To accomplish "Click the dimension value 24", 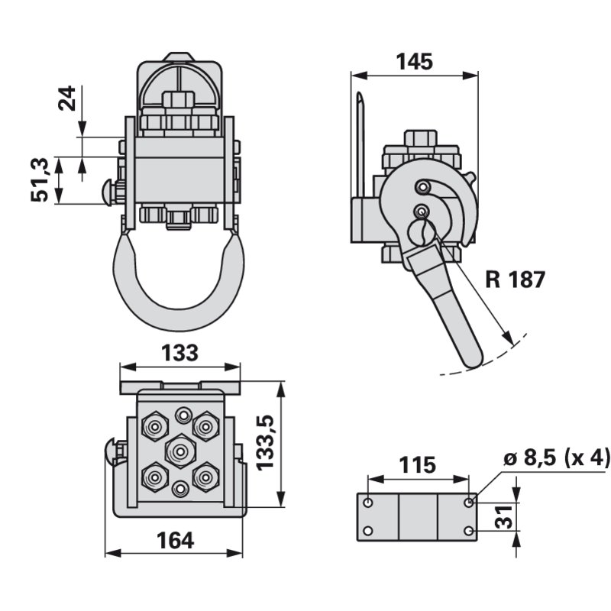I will (x=68, y=99).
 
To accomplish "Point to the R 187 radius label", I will (x=515, y=280).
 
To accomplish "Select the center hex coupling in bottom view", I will (x=179, y=451).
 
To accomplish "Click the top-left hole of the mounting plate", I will (x=369, y=503).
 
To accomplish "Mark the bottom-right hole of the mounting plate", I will (x=468, y=530).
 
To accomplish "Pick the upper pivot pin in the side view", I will (x=422, y=186).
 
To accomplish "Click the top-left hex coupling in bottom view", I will (x=156, y=424).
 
